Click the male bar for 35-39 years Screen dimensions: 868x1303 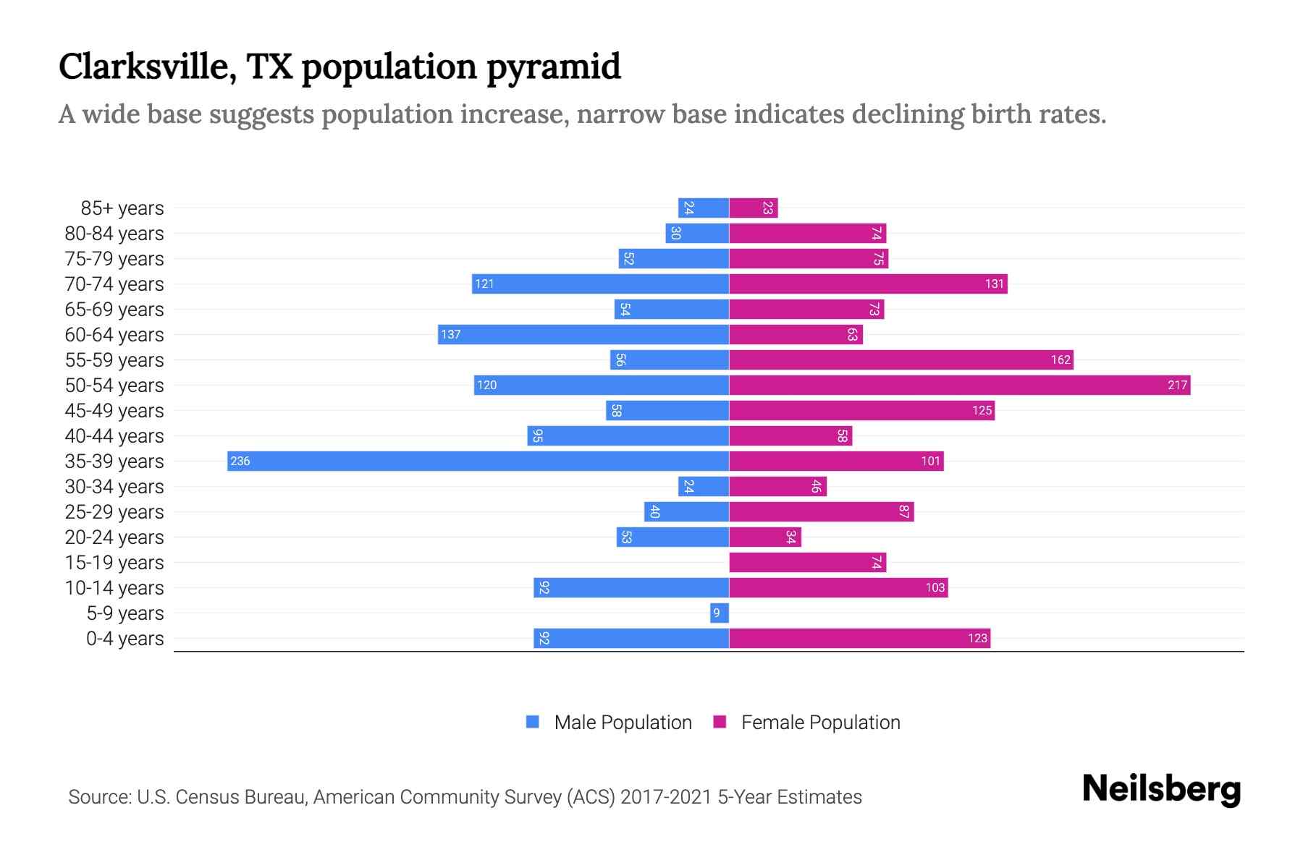[478, 461]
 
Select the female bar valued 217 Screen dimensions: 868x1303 [959, 386]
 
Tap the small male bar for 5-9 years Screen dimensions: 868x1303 [720, 613]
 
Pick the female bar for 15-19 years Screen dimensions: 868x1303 [807, 563]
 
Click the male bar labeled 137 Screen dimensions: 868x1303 [583, 335]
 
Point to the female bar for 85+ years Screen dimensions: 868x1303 [753, 208]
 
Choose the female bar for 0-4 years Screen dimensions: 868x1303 [859, 639]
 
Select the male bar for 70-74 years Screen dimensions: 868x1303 [600, 284]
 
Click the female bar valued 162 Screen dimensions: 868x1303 [901, 360]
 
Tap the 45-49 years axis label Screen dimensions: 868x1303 [114, 411]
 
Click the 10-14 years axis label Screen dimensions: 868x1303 [114, 588]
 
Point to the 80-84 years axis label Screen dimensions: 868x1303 [114, 234]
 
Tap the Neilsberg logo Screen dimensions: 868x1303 [1161, 789]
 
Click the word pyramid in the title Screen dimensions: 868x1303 [553, 67]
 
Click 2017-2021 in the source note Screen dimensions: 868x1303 [666, 797]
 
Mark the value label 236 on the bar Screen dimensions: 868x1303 [240, 461]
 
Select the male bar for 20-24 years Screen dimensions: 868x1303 [672, 537]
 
